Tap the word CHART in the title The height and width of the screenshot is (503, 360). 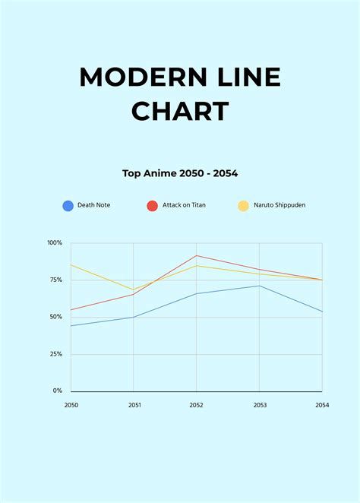click(x=180, y=112)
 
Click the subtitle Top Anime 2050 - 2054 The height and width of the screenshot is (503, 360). click(x=180, y=173)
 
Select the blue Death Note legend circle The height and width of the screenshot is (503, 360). click(x=68, y=205)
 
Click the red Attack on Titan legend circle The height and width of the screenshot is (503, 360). click(x=152, y=205)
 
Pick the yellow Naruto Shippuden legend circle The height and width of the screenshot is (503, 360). click(x=243, y=205)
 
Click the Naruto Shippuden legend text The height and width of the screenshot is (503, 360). click(x=279, y=205)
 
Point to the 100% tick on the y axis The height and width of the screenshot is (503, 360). click(x=55, y=243)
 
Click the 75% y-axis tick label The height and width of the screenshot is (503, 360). click(x=56, y=280)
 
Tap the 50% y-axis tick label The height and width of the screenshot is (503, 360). click(x=56, y=317)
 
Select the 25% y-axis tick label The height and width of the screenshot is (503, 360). click(x=56, y=354)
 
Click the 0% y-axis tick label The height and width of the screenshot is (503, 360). click(x=58, y=391)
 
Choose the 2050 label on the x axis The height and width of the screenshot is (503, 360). click(x=71, y=405)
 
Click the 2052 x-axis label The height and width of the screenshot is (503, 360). click(x=197, y=405)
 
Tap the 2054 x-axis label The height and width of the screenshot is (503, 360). click(x=322, y=405)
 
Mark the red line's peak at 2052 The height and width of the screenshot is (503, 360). click(x=197, y=256)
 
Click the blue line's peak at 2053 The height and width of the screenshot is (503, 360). click(x=260, y=286)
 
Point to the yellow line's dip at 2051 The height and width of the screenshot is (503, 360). click(x=134, y=289)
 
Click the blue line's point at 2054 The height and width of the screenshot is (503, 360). click(x=322, y=312)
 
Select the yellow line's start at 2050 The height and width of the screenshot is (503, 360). click(x=71, y=265)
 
